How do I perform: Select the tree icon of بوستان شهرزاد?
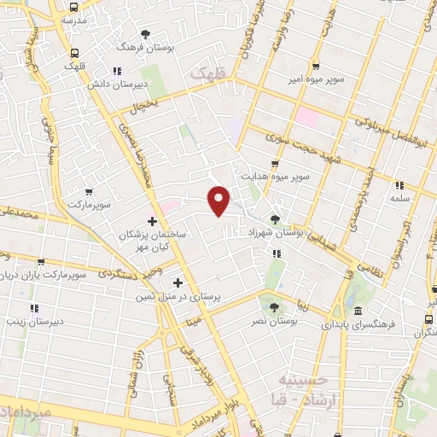tap(274, 218)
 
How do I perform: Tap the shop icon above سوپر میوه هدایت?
tap(274, 164)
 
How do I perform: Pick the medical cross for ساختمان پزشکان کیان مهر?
tap(152, 220)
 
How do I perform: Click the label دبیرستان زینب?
tap(33, 321)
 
